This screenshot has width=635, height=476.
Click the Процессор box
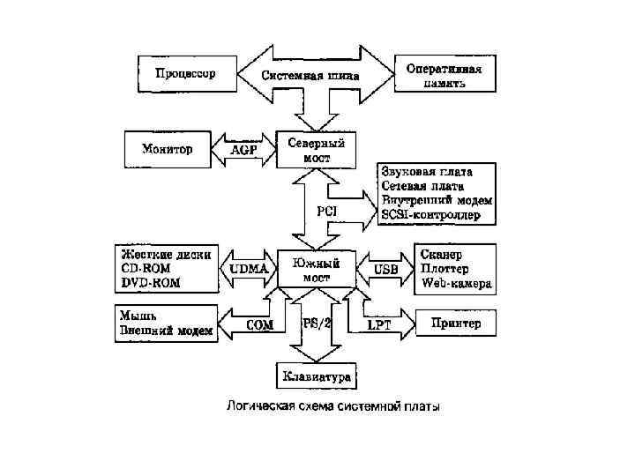coord(185,73)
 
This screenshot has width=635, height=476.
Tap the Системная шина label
coord(310,76)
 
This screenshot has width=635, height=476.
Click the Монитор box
coord(167,148)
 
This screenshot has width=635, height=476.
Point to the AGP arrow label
coord(243,151)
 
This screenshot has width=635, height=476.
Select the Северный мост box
coord(317,149)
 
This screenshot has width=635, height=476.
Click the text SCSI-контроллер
coord(432,214)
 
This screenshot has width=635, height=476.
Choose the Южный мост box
coord(317,270)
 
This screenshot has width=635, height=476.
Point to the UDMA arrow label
coord(249,268)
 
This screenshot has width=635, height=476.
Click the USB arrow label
coord(386,268)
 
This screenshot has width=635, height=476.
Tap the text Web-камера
coord(457,284)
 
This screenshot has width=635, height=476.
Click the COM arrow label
coord(259,324)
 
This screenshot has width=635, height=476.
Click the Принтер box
coord(456,324)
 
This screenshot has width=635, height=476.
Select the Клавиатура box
coord(317,377)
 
